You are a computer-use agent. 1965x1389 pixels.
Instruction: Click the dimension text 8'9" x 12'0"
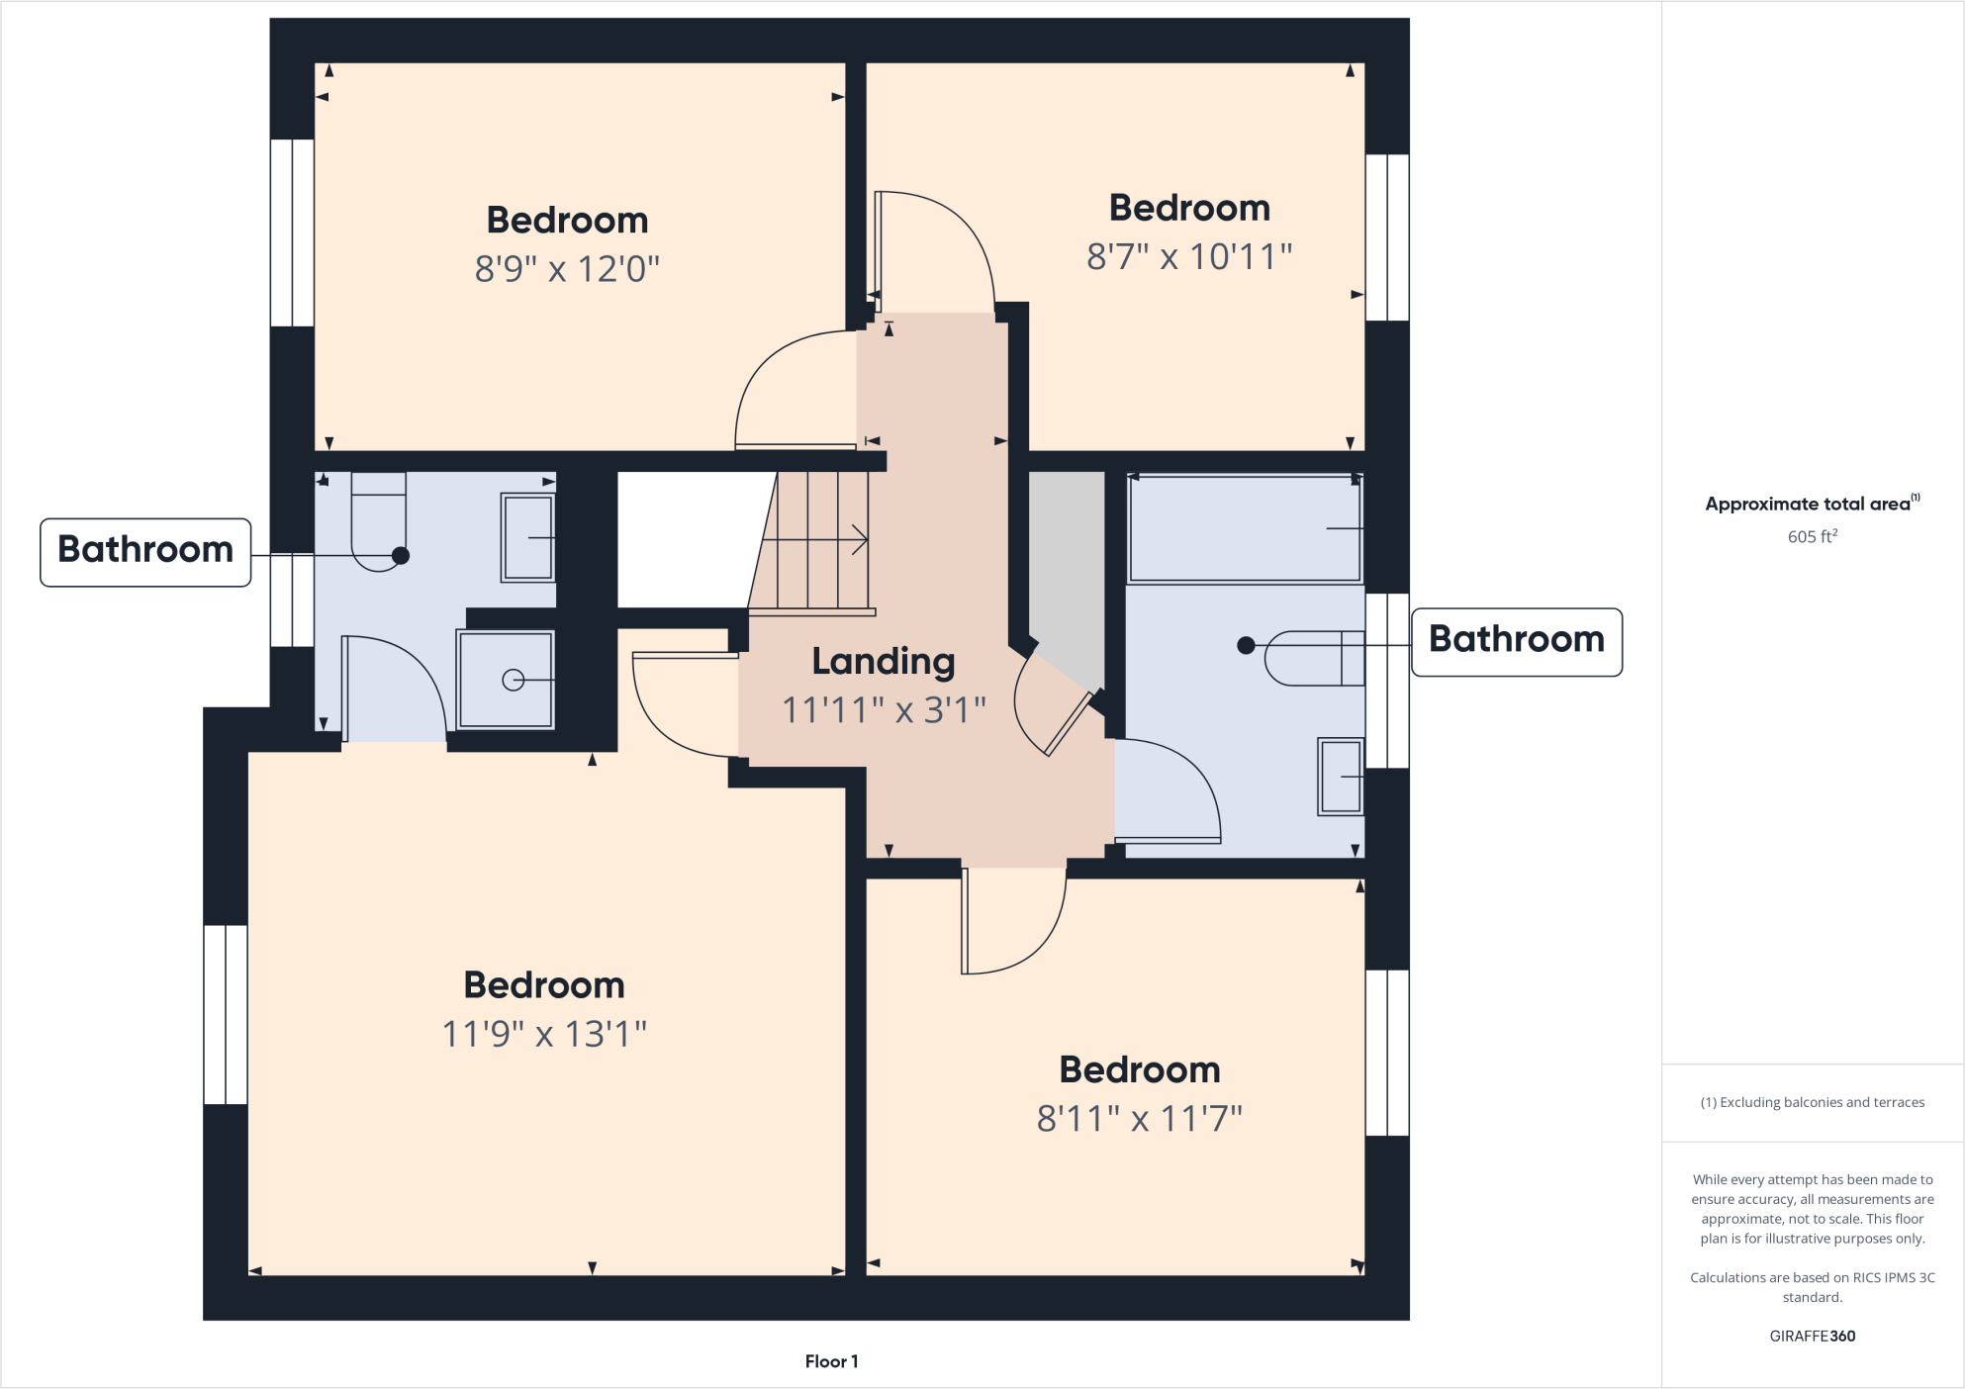567,269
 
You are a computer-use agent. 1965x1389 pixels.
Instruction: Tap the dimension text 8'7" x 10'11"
1189,257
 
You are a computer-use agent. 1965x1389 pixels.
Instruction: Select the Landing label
884,661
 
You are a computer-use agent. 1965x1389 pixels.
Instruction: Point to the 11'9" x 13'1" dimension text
544,1035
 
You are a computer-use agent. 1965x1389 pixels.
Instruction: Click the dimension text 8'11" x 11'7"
1139,1119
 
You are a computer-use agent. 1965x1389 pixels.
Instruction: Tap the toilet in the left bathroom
379,524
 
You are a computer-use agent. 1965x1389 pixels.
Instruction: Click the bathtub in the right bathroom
1244,529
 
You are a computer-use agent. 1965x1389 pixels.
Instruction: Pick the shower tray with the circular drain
506,679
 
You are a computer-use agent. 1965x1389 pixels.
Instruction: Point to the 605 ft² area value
1812,536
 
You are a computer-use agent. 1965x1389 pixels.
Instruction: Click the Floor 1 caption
831,1361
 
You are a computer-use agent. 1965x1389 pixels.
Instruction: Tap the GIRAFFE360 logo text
1812,1336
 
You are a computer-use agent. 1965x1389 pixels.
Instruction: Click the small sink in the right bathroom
1341,777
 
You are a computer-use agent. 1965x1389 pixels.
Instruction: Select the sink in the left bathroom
527,537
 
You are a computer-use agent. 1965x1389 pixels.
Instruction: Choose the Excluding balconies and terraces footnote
1812,1102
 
